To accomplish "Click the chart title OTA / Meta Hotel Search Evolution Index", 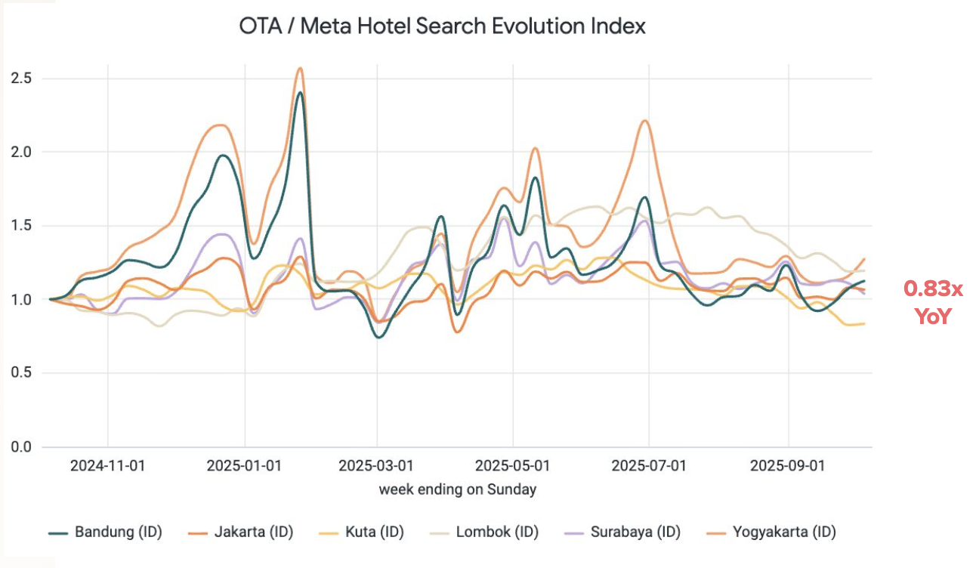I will point(442,26).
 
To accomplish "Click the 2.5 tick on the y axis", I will point(20,79).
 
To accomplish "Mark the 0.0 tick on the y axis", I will point(20,447).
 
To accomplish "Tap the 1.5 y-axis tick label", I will point(20,226).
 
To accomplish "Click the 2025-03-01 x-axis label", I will point(376,466).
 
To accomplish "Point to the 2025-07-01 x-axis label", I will point(649,466).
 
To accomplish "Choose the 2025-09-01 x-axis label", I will point(788,466).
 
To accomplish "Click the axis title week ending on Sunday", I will point(458,489).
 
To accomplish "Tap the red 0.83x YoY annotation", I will point(933,302).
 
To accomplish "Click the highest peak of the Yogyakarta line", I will point(300,68).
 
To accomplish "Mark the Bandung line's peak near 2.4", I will point(300,93).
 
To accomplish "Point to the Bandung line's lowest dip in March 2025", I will point(378,337).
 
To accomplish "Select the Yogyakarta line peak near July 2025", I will point(644,121).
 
